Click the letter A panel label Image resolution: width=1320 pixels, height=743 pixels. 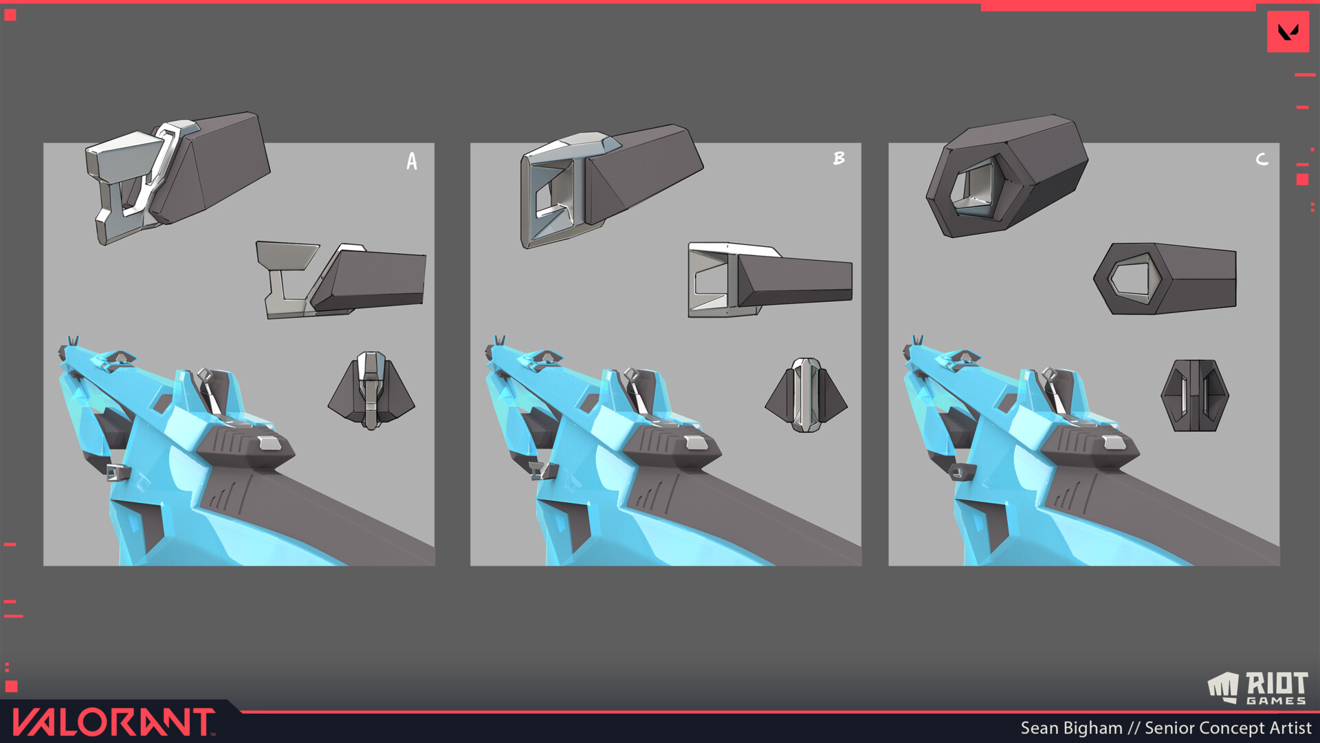click(412, 161)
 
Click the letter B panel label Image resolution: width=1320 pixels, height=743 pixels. click(839, 158)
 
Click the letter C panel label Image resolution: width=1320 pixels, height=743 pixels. click(1262, 159)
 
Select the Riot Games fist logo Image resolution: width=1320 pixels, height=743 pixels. click(1223, 687)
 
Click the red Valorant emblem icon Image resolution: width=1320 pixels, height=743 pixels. click(1288, 32)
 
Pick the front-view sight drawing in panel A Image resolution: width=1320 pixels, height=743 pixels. click(371, 390)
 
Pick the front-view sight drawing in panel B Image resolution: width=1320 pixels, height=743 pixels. click(806, 394)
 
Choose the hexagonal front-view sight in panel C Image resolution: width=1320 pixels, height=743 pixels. click(1195, 396)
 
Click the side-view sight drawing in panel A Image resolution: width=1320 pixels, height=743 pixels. click(341, 279)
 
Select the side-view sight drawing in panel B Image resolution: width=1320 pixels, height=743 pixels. click(770, 279)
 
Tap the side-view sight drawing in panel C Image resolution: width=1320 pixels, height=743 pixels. click(1165, 279)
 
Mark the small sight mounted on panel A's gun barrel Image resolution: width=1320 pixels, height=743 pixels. click(118, 472)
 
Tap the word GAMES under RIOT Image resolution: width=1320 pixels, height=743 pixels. click(1276, 700)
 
